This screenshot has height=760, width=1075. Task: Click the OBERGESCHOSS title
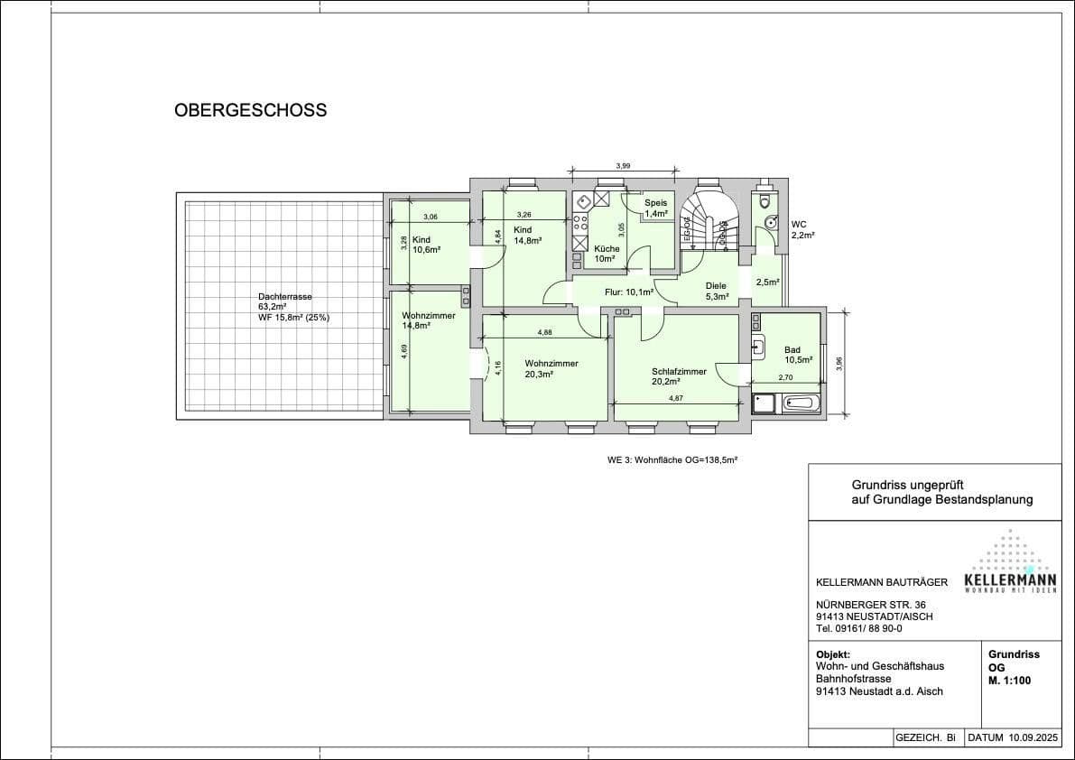[x=250, y=111]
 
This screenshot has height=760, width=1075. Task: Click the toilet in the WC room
[x=766, y=199]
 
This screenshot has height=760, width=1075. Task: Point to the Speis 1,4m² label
[x=655, y=208]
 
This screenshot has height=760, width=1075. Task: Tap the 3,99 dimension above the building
[x=623, y=166]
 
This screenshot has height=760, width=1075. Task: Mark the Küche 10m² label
[x=606, y=254]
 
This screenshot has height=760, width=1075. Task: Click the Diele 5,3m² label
[x=717, y=291]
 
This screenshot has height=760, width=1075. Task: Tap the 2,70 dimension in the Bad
[x=785, y=378]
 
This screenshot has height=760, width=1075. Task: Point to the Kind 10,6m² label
[x=426, y=245]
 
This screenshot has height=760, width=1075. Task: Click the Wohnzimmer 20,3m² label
[x=551, y=368]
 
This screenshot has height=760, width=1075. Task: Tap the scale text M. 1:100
[x=1009, y=681]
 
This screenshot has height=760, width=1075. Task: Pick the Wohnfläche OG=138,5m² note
[x=672, y=459]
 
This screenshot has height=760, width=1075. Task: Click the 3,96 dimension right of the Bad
[x=839, y=363]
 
